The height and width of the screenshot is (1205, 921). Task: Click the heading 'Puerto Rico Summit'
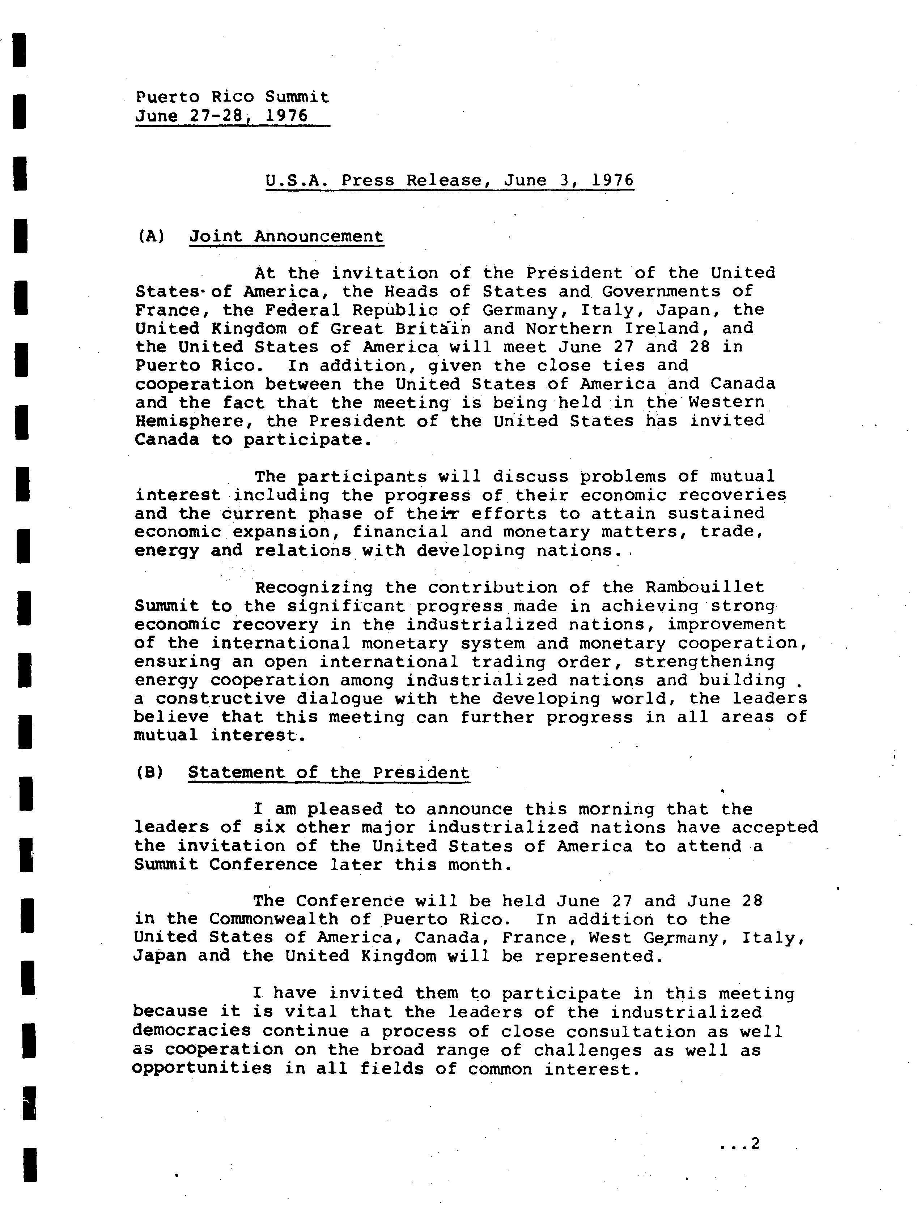233,97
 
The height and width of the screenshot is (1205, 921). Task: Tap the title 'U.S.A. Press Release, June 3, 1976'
450,180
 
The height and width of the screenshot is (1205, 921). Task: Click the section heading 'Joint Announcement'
286,236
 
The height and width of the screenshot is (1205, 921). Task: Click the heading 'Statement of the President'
328,772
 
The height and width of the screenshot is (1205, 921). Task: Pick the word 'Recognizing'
314,587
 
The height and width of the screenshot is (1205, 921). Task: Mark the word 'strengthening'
704,661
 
